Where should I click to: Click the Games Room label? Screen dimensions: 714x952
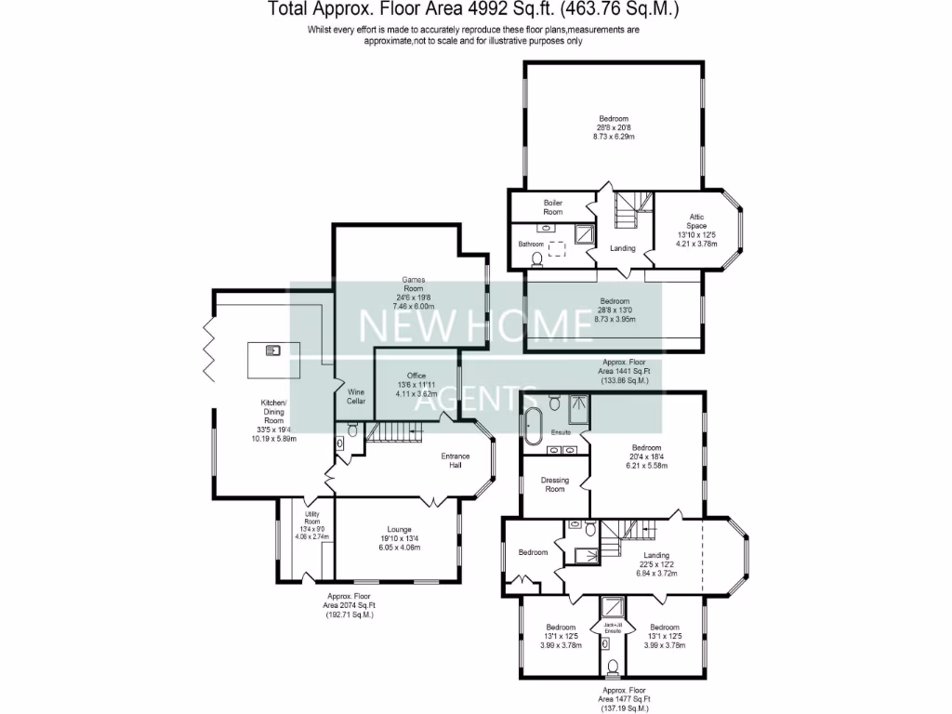[x=414, y=284]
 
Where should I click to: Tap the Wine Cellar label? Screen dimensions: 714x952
[x=356, y=396]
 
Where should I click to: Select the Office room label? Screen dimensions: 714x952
[x=416, y=376]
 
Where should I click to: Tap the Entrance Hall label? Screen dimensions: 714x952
[x=456, y=460]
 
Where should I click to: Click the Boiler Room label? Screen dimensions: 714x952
[x=553, y=206]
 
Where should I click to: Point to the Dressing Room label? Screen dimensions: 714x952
[x=555, y=484]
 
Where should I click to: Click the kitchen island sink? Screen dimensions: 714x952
[x=273, y=350]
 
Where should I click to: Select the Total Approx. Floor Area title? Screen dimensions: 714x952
[x=474, y=10]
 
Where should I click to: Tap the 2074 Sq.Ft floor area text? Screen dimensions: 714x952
[x=350, y=605]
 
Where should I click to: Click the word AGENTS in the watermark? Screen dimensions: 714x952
[x=475, y=399]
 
